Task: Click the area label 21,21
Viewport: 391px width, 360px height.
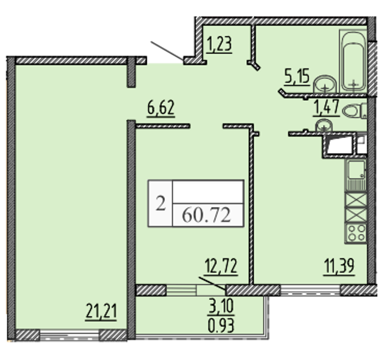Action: pos(101,311)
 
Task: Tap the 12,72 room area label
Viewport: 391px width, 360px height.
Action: pos(221,266)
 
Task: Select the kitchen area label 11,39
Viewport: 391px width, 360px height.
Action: pos(339,266)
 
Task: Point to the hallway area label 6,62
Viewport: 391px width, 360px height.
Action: pos(161,107)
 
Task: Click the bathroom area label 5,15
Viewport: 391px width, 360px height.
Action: pos(297,77)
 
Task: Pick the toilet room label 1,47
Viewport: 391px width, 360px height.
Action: pos(326,107)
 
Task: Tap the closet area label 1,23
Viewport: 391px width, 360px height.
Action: pos(219,44)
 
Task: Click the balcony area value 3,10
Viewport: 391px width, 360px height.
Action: pos(221,307)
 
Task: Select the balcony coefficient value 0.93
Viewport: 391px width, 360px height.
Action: pos(221,326)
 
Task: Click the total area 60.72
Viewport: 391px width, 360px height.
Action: pos(206,215)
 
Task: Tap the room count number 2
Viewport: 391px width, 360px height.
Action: pos(161,203)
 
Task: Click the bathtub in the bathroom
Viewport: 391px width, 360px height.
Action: pos(353,61)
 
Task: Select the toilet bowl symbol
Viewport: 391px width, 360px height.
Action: pos(354,111)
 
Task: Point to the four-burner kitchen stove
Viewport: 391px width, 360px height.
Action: pos(356,233)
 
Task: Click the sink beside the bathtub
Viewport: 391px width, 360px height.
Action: pos(325,85)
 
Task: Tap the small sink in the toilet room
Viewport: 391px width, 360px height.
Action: pos(324,125)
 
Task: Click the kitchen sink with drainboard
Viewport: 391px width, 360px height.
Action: pos(356,176)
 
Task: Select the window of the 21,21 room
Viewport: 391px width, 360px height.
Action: pos(70,335)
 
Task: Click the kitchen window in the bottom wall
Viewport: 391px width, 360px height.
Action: pos(310,290)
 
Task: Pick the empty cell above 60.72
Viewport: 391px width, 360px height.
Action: pos(208,192)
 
